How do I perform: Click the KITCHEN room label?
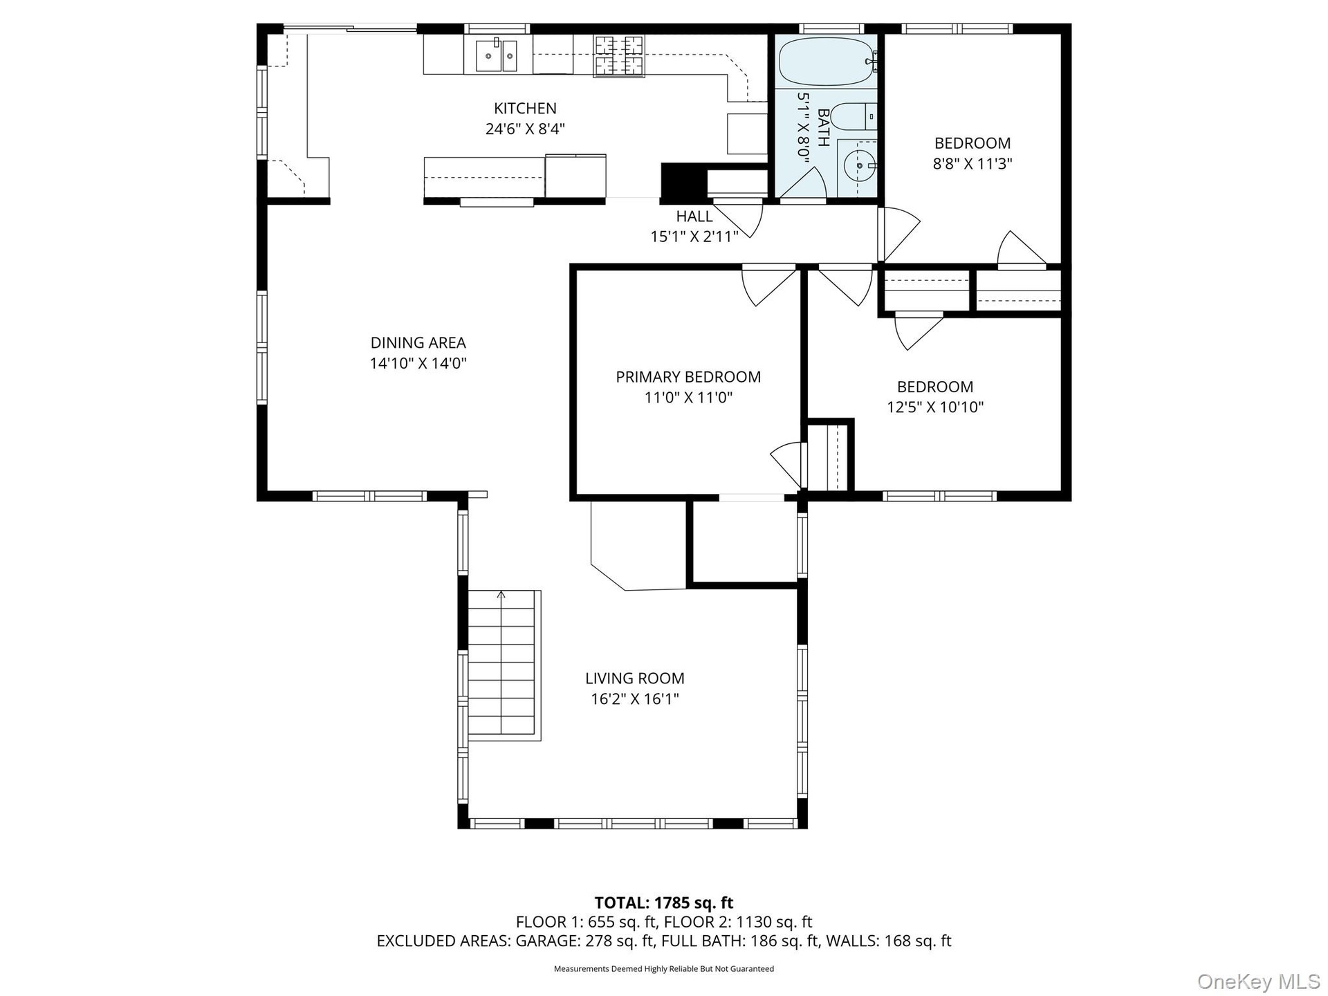click(x=525, y=109)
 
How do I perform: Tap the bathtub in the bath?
click(x=827, y=62)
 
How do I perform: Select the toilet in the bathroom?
click(x=854, y=116)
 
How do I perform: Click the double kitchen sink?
click(x=496, y=55)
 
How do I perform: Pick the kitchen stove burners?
click(x=618, y=55)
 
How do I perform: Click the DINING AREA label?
click(x=418, y=343)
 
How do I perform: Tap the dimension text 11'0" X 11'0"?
click(x=688, y=398)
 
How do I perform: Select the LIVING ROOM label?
click(x=635, y=679)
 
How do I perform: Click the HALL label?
click(x=694, y=216)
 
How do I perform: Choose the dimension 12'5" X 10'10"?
click(x=935, y=407)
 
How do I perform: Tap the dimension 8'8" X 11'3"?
click(x=972, y=164)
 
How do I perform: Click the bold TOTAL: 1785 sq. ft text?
click(x=664, y=903)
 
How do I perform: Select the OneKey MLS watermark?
click(x=1258, y=981)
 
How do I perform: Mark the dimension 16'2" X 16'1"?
click(x=635, y=699)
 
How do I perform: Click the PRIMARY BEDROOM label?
click(x=688, y=377)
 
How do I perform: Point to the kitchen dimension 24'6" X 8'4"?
click(x=525, y=129)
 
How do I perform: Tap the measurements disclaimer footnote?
click(x=664, y=969)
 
